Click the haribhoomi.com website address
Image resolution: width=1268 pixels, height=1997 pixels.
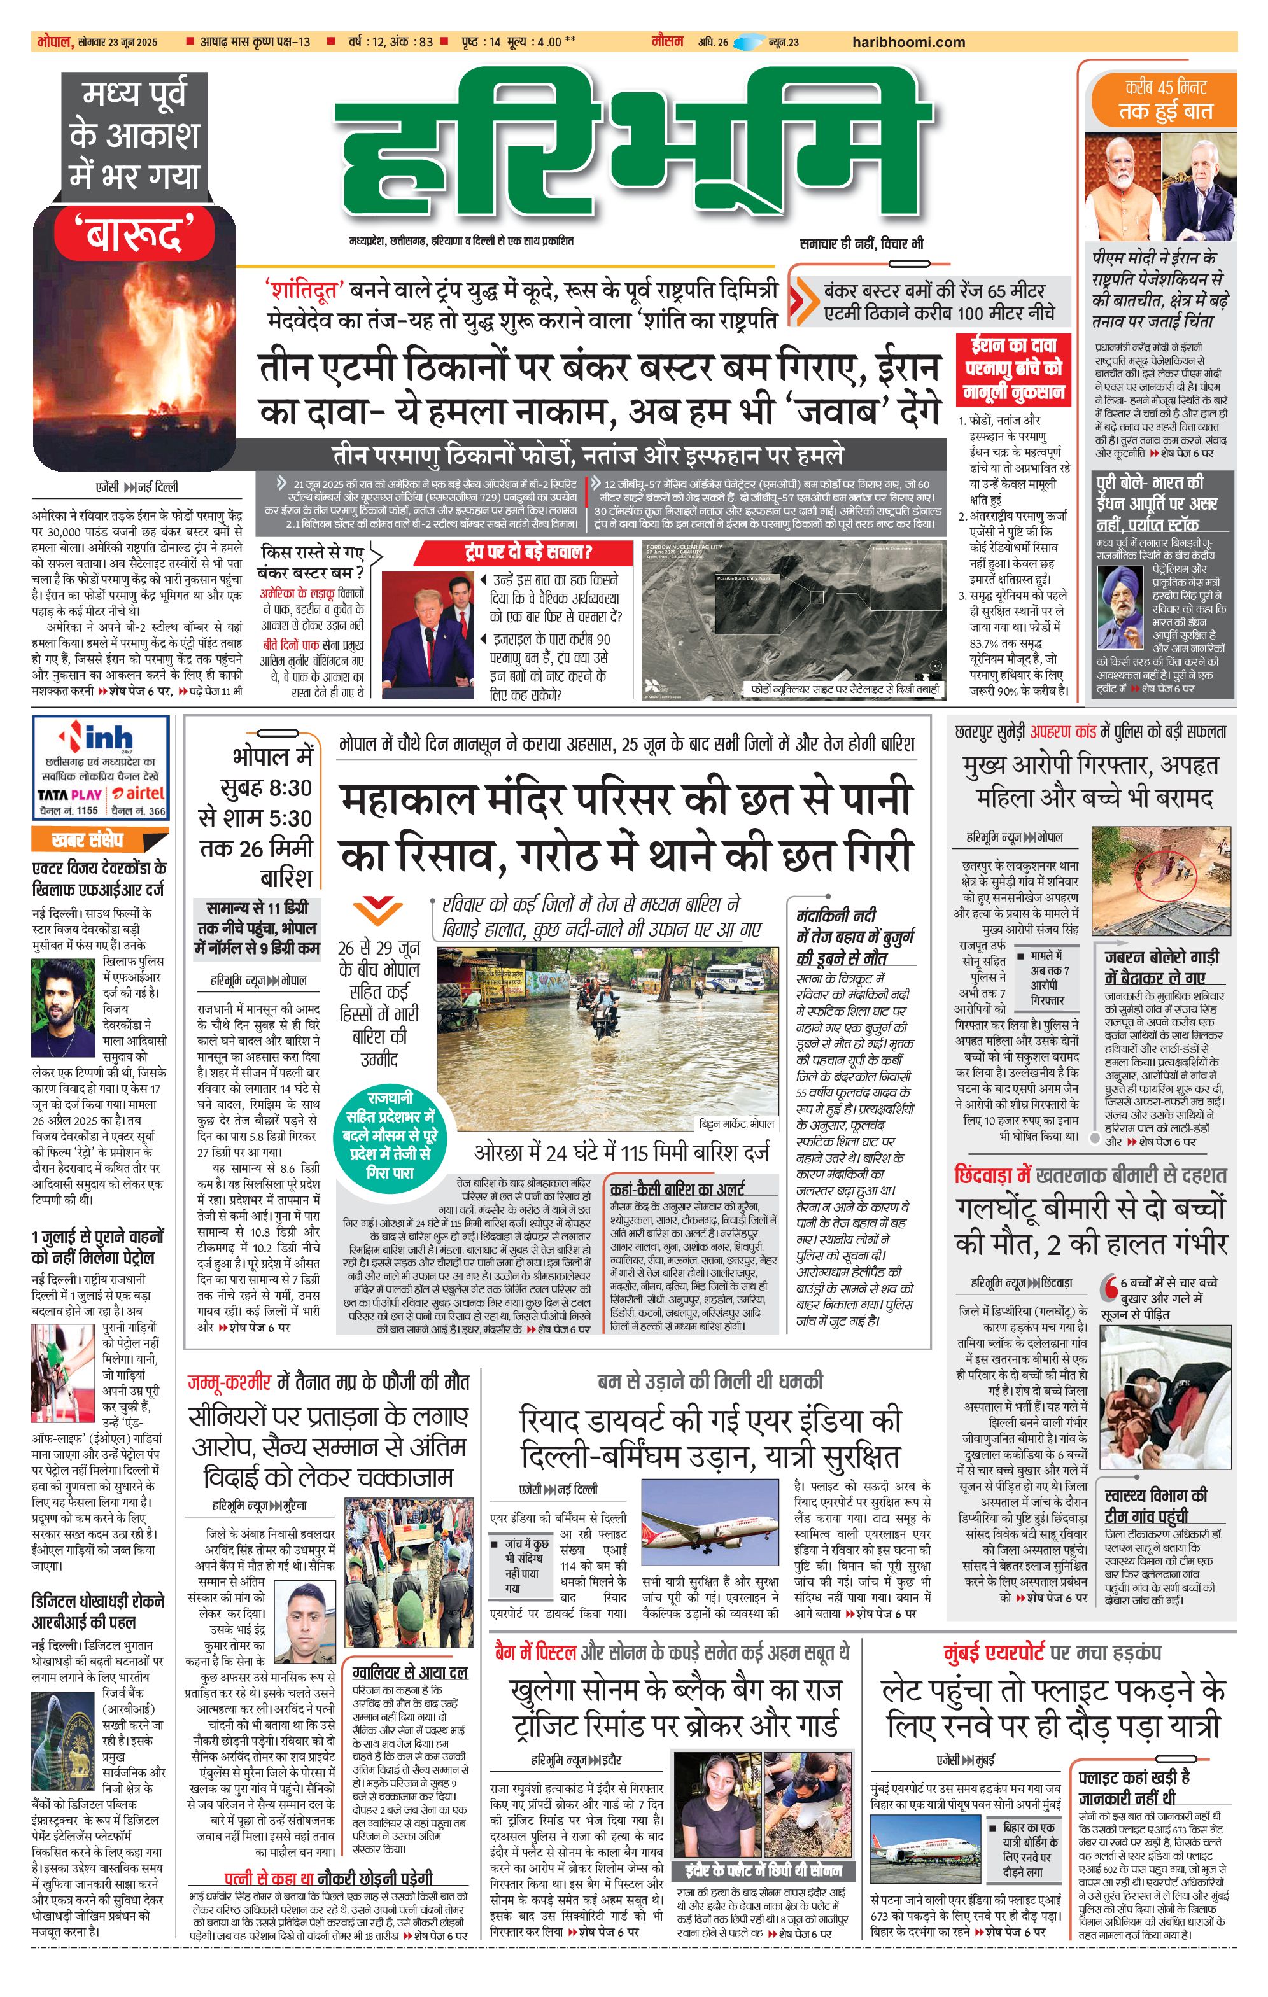point(908,42)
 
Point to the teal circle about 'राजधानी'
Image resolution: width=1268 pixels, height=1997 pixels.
point(389,1135)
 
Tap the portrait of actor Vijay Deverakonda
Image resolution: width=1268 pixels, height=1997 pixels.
point(63,1007)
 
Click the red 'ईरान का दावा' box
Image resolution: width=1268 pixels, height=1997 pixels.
point(1013,369)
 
